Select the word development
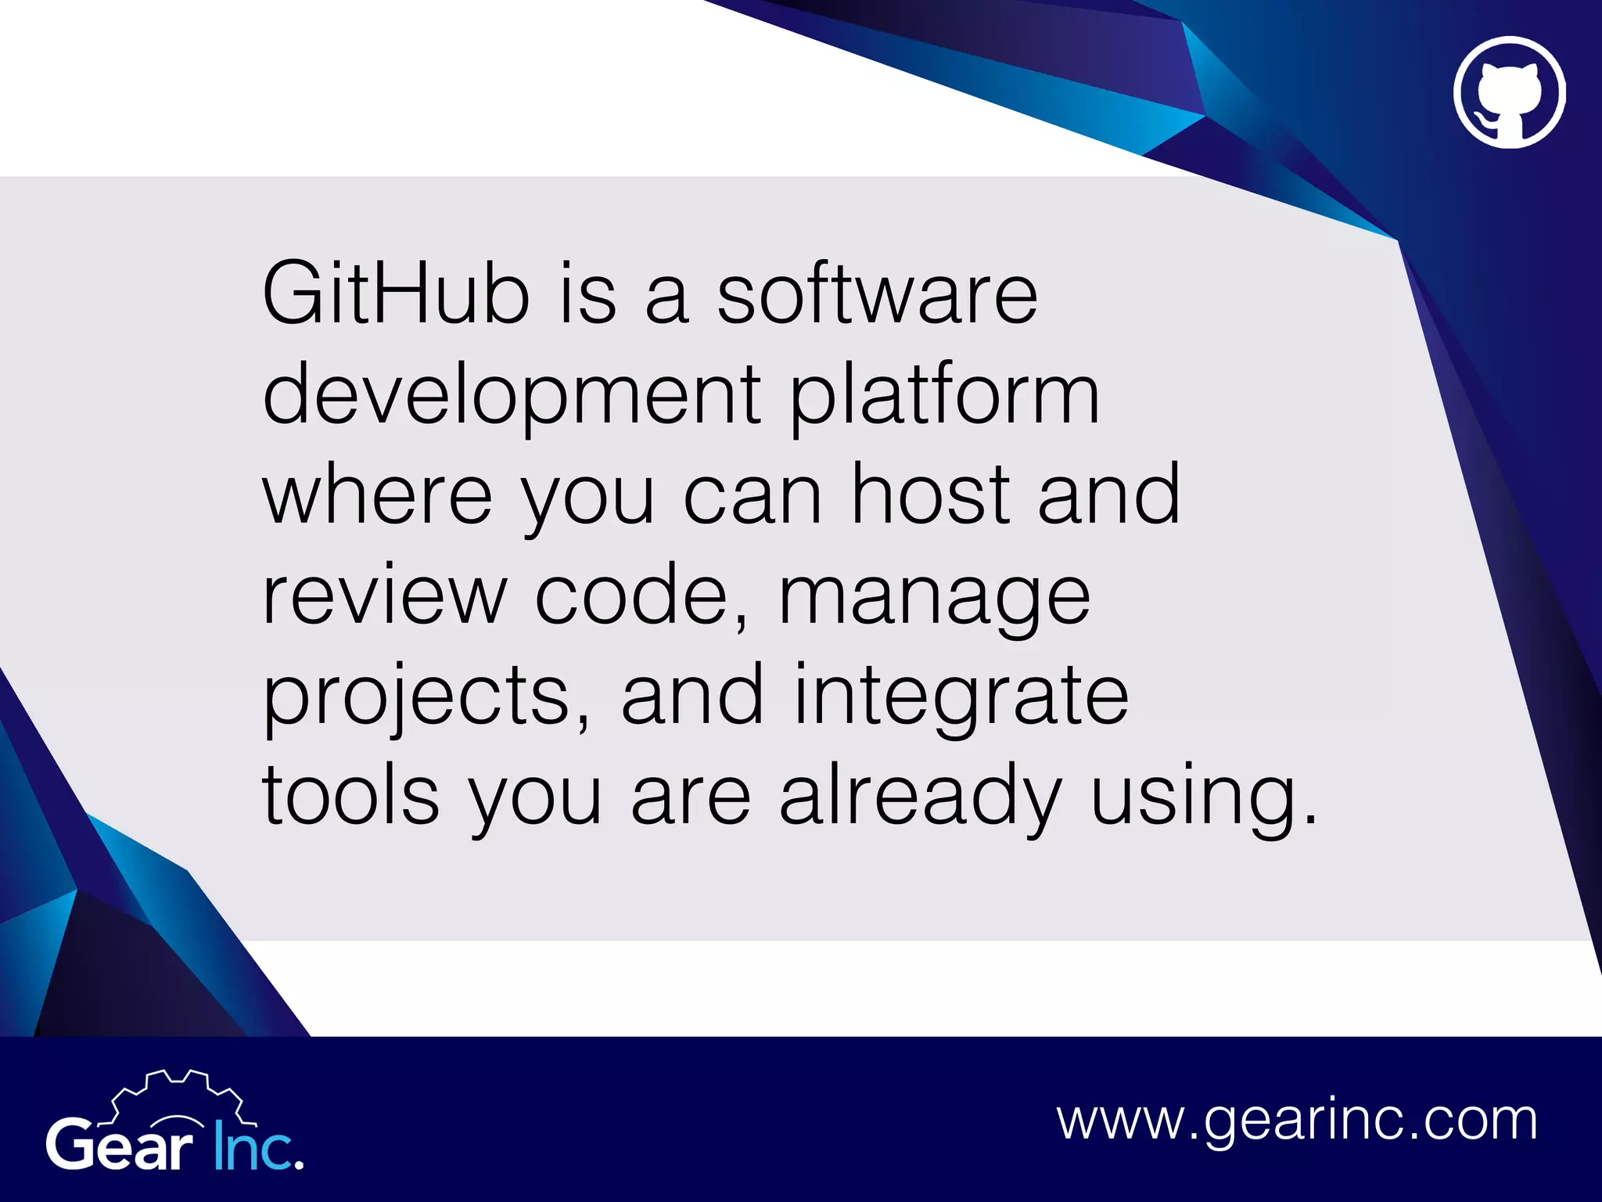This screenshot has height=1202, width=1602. pos(512,395)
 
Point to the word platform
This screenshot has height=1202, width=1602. pos(944,395)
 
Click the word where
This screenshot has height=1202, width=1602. pos(377,495)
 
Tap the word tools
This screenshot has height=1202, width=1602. pos(350,797)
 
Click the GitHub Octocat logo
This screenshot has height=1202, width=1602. pos(1509,92)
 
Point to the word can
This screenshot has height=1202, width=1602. pos(753,495)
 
